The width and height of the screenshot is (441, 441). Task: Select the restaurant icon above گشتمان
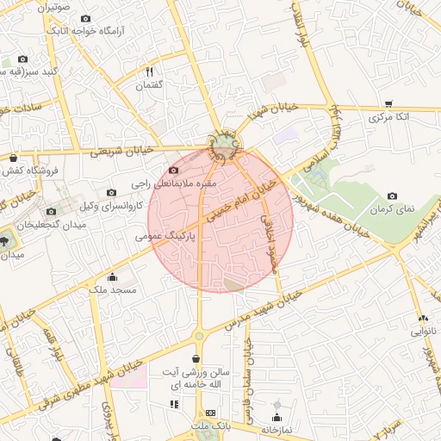149,71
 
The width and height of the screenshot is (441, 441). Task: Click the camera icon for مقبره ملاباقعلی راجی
175,171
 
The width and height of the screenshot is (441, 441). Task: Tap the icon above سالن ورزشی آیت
196,358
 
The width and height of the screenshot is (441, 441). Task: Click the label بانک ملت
211,426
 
